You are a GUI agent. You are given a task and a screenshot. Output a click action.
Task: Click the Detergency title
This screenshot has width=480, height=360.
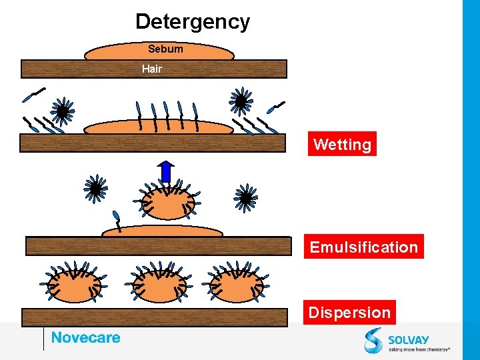pyautogui.click(x=193, y=21)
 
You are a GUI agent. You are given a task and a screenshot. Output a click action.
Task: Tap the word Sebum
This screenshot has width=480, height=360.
pyautogui.click(x=165, y=49)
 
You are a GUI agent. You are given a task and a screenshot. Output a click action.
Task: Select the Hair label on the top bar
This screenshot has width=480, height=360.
pyautogui.click(x=152, y=69)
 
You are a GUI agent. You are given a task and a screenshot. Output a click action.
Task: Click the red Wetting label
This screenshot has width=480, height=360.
pyautogui.click(x=342, y=144)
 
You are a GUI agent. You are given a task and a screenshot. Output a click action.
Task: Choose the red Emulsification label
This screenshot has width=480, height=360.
pyautogui.click(x=363, y=247)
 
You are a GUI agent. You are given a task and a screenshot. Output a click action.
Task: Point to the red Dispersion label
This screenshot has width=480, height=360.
pyautogui.click(x=349, y=312)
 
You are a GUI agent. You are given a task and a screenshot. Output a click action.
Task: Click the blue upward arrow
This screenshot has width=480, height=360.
pyautogui.click(x=167, y=171)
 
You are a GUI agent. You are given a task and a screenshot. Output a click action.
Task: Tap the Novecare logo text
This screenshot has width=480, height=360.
pyautogui.click(x=86, y=337)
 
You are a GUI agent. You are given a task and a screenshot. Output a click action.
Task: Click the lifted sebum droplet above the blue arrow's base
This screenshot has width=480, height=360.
pyautogui.click(x=169, y=203)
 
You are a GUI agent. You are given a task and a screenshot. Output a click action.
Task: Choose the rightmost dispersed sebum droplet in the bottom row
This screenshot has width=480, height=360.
pyautogui.click(x=236, y=284)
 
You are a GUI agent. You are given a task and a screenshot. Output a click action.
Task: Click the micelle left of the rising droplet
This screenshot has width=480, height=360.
pyautogui.click(x=96, y=189)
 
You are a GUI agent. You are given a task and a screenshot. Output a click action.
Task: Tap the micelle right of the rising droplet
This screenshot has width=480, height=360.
pyautogui.click(x=246, y=197)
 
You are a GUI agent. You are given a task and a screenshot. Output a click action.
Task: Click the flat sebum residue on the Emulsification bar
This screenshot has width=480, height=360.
pyautogui.click(x=162, y=232)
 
